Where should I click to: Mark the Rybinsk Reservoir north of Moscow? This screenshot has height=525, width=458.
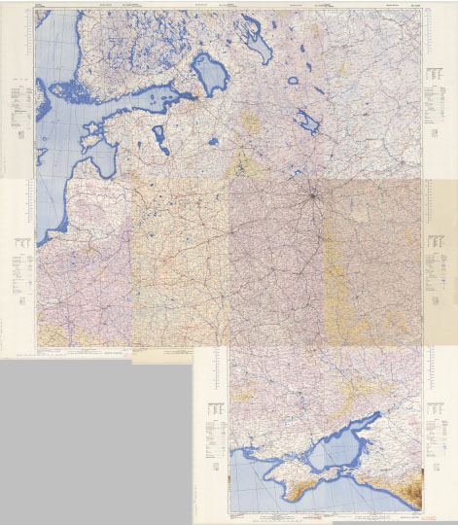click(310, 121)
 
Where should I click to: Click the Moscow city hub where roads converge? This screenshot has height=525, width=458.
click(312, 199)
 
